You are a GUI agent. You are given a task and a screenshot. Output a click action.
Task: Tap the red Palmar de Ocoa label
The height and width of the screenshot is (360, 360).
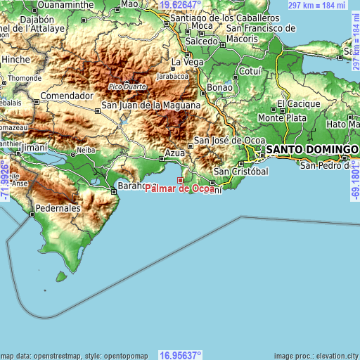click(179, 188)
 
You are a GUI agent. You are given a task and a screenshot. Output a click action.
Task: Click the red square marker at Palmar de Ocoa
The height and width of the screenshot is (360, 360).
click(180, 180)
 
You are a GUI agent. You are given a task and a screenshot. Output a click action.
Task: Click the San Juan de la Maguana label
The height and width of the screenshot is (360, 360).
click(152, 105)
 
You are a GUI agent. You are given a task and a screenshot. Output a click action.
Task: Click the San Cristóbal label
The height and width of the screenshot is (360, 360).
click(241, 172)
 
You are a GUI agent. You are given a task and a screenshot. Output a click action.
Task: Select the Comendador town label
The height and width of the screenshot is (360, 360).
click(67, 96)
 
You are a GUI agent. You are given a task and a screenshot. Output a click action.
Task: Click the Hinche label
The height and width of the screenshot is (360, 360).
click(15, 60)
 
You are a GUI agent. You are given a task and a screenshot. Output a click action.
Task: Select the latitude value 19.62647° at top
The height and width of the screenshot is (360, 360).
click(181, 4)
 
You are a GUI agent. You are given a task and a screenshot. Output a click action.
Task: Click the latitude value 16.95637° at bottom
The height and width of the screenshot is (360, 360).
click(180, 354)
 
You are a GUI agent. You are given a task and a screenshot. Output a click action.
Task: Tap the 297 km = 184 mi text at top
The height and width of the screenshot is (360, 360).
click(318, 4)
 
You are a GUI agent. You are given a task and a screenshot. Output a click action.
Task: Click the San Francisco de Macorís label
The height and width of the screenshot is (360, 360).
click(261, 33)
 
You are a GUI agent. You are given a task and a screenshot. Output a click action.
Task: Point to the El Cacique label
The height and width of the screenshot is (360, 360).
click(299, 103)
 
